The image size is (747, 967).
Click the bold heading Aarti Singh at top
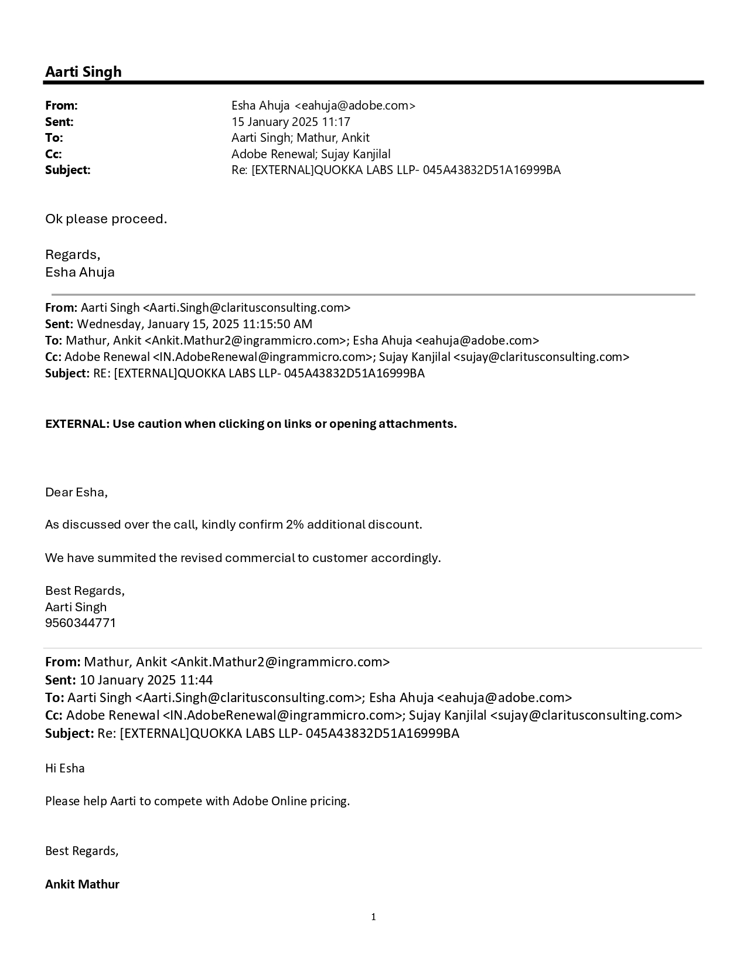83,71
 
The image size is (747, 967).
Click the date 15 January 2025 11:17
291,122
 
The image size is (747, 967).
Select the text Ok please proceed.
106,219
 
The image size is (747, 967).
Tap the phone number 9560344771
80,623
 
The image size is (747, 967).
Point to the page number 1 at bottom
373,917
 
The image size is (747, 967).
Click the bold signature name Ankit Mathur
82,884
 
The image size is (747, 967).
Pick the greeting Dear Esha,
76,492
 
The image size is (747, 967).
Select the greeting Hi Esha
64,768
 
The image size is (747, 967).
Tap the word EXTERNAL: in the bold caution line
77,424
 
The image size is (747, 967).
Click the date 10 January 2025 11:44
146,680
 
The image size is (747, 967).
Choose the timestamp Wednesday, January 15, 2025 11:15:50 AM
195,324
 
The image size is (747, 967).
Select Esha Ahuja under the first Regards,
80,273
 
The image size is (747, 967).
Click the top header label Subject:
68,170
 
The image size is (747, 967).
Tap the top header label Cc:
53,154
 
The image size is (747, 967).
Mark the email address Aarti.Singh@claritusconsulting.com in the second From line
247,308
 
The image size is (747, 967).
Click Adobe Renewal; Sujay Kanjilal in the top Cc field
311,154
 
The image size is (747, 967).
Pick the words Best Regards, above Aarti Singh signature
84,591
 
